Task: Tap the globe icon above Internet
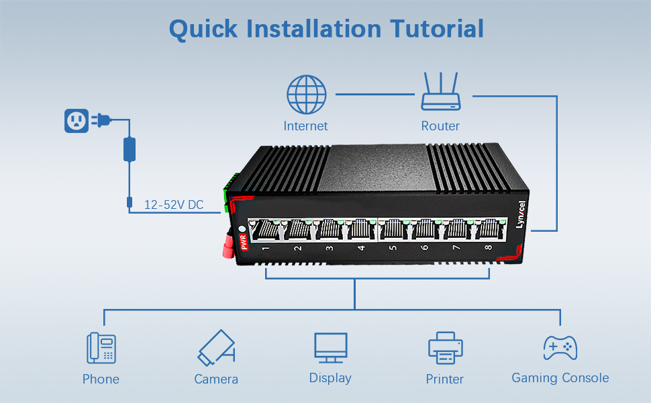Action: [306, 94]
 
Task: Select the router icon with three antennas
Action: [440, 92]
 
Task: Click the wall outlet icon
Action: [76, 121]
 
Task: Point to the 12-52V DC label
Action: [174, 205]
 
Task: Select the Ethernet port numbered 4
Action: [360, 230]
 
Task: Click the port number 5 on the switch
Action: [393, 248]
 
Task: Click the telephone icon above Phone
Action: [101, 349]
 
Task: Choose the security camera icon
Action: [216, 347]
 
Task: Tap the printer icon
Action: [445, 349]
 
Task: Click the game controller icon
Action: [560, 348]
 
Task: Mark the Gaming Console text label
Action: [560, 378]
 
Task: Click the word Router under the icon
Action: [440, 126]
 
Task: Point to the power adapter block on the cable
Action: [129, 149]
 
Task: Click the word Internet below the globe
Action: [305, 126]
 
